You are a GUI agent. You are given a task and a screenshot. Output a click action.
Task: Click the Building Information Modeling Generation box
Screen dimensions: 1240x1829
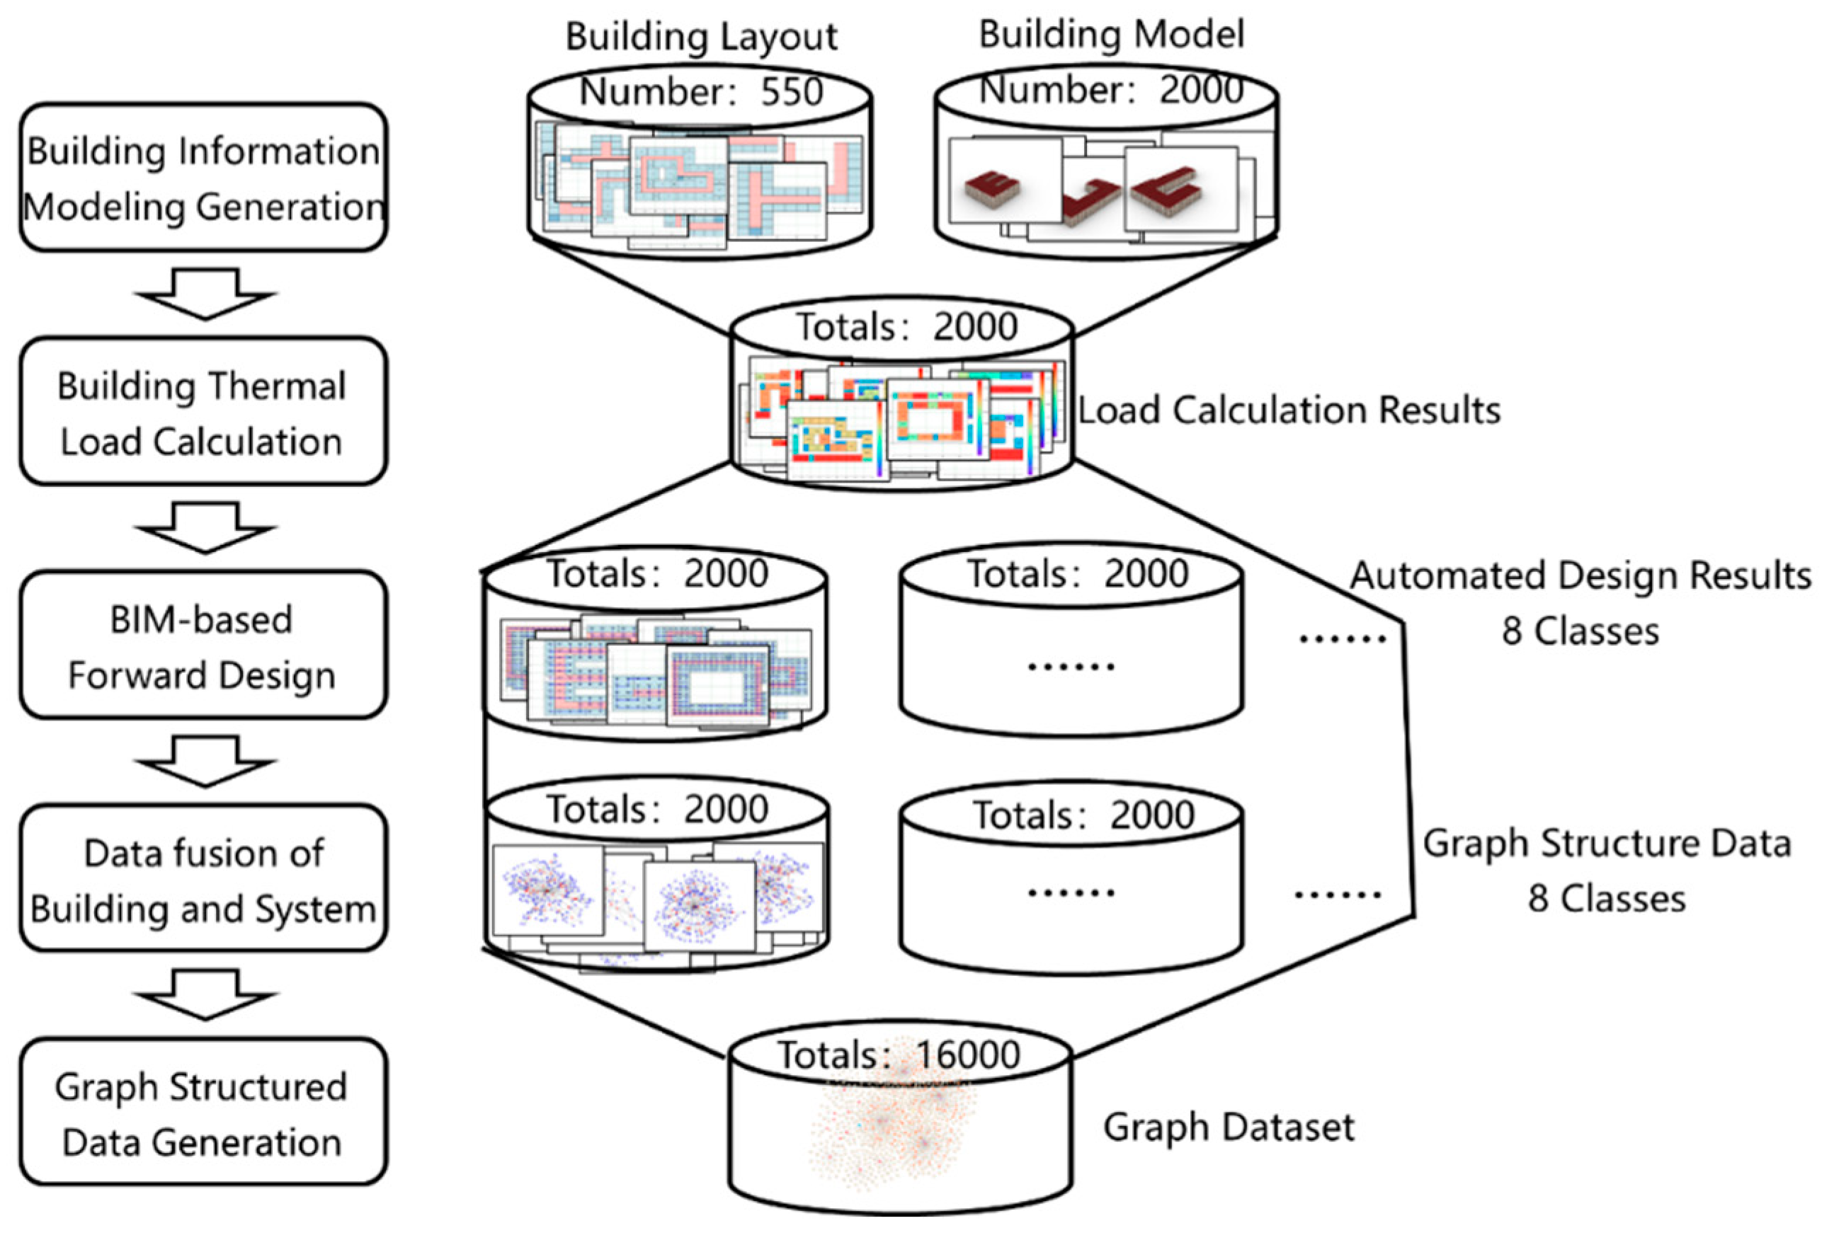tap(203, 178)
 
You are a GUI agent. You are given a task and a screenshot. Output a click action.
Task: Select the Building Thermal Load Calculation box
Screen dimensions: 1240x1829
tap(203, 411)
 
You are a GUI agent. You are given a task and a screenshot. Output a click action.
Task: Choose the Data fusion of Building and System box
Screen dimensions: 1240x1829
tap(203, 879)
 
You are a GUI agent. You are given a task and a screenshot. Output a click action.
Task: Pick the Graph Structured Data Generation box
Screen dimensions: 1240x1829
tap(203, 1113)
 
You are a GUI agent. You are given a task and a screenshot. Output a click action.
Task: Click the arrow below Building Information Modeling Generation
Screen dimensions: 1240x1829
tap(205, 294)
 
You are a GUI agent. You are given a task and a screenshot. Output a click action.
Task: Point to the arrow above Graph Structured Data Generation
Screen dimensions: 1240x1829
tap(205, 994)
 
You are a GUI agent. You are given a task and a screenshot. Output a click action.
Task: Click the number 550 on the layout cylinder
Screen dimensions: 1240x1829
tap(791, 92)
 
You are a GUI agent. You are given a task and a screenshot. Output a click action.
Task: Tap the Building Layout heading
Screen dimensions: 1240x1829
tap(701, 37)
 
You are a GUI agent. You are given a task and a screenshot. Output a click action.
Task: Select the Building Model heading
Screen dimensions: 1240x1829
tap(1110, 35)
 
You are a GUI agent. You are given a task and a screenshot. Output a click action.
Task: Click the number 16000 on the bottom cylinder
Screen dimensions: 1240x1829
tap(968, 1055)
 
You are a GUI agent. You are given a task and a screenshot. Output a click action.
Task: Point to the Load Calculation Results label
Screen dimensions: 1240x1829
tap(1288, 411)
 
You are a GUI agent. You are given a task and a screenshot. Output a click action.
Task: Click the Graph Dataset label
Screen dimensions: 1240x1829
tap(1229, 1127)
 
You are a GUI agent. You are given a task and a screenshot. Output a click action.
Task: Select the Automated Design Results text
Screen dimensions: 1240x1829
tap(1580, 576)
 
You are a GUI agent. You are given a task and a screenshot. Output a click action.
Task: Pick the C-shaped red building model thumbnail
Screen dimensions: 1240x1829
tap(1166, 189)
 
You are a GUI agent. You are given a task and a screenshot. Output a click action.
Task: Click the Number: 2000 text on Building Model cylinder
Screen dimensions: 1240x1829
tap(1110, 90)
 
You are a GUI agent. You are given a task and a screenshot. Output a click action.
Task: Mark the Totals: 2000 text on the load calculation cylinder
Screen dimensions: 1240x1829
tap(906, 326)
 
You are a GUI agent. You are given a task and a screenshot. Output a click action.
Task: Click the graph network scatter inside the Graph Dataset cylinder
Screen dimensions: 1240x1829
tap(893, 1129)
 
